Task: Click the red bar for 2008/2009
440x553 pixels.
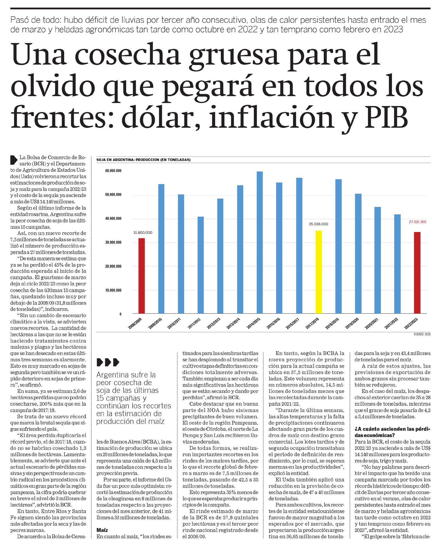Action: (x=142, y=275)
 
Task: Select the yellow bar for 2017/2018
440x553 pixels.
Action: (x=319, y=272)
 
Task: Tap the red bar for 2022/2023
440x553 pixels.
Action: (x=417, y=273)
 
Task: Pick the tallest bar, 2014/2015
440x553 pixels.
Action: (x=259, y=242)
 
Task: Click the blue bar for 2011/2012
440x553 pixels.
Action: (x=201, y=265)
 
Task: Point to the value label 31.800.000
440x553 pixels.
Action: (x=143, y=232)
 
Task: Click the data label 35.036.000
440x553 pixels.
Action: (x=318, y=224)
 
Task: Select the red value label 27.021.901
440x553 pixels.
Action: (x=418, y=222)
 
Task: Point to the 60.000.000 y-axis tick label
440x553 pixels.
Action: (x=113, y=171)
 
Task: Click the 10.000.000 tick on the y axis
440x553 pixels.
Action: (x=113, y=290)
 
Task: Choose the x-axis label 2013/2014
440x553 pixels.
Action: (x=233, y=324)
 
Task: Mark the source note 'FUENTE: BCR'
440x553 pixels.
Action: (x=422, y=334)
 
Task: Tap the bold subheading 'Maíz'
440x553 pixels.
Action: (x=102, y=530)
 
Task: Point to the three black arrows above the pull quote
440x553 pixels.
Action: (x=108, y=362)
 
